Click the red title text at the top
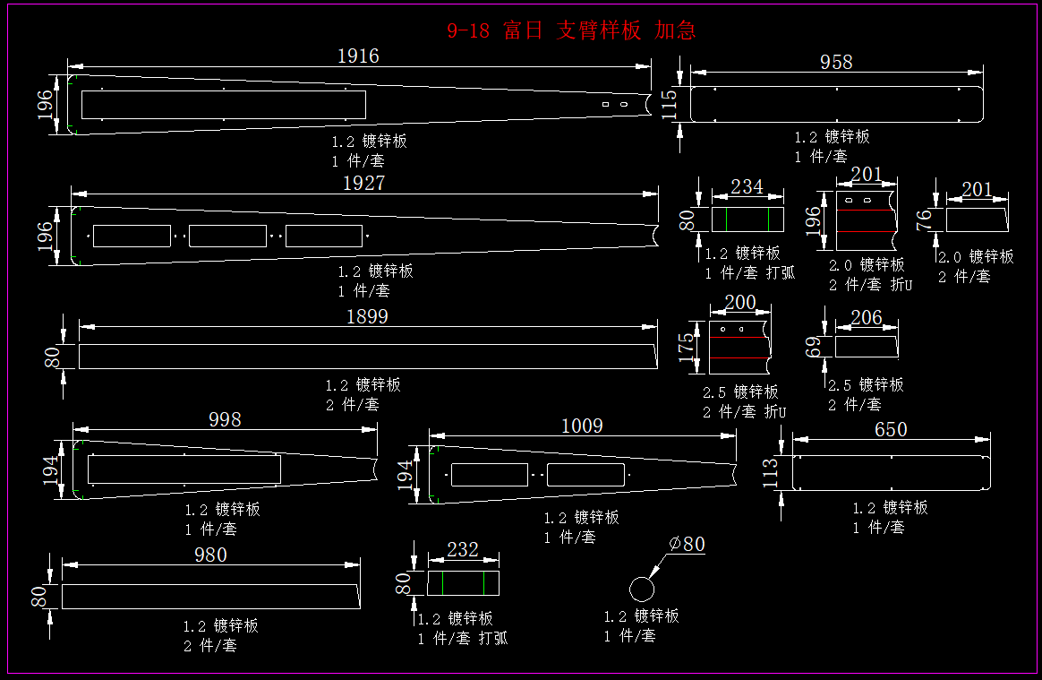[571, 30]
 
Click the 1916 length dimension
[358, 56]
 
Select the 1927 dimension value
[363, 183]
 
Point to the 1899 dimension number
[367, 316]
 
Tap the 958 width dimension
[836, 62]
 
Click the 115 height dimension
[669, 105]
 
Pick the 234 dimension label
[747, 186]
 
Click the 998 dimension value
[225, 419]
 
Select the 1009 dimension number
[582, 426]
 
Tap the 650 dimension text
[891, 429]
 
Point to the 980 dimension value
[210, 555]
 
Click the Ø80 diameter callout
[687, 544]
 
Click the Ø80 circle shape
[642, 589]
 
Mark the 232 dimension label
[463, 549]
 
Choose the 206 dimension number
[866, 317]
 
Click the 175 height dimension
[687, 345]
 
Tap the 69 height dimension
[813, 346]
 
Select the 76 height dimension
[927, 218]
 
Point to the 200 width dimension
[739, 303]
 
